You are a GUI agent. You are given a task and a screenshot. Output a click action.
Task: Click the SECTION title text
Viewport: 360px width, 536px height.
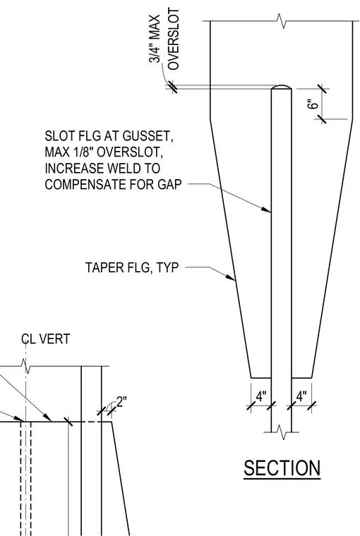coord(282,468)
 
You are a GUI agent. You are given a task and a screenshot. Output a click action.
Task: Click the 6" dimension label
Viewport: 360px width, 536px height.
coord(313,104)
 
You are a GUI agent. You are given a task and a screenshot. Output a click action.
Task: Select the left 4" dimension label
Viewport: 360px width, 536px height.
coord(261,396)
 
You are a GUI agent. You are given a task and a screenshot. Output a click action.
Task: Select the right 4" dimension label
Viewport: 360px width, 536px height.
coord(301,396)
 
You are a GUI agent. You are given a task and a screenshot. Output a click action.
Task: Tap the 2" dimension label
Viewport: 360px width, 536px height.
coord(121,401)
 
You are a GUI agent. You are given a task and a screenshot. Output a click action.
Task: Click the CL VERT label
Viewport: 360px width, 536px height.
coord(45,339)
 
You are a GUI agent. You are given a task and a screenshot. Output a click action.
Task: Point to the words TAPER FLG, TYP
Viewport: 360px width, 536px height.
coord(132,267)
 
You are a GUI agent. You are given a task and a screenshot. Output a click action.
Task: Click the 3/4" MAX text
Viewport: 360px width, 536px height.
coord(155,39)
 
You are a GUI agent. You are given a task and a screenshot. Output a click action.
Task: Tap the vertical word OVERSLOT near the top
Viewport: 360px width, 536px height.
coord(174,39)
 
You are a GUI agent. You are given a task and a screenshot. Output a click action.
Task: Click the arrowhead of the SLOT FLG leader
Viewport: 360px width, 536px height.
coord(266,209)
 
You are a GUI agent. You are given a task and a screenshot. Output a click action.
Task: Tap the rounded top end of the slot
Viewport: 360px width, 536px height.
coord(281,87)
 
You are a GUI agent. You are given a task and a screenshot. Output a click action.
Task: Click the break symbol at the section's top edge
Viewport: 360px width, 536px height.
coord(281,21)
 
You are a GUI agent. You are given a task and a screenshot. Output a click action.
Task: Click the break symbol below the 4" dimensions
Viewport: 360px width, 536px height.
coord(281,432)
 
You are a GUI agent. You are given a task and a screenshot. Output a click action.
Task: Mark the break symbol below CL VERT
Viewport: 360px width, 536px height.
coord(25,366)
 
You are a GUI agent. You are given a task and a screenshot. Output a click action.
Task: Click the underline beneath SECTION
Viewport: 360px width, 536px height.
coord(282,479)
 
